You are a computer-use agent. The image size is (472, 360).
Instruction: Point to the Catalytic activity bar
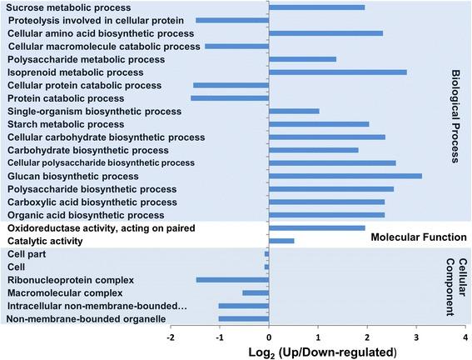(281, 241)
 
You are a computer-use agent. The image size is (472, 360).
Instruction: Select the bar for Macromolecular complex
(256, 292)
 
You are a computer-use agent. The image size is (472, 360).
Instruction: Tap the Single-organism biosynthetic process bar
(294, 111)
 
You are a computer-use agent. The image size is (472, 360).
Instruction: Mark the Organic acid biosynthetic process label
(78, 214)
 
